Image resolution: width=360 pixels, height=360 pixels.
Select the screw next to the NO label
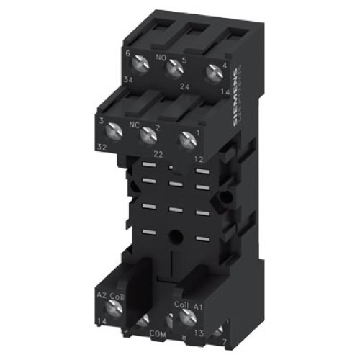coord(174,68)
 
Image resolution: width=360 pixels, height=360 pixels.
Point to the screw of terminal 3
coord(113,130)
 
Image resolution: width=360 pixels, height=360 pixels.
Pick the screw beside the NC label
coord(149,133)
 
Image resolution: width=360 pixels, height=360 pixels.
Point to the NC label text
coord(135,123)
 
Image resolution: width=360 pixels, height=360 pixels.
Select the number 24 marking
coord(185,86)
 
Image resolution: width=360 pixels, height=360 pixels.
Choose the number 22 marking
coord(159,153)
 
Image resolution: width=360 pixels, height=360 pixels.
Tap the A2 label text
coord(102,295)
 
